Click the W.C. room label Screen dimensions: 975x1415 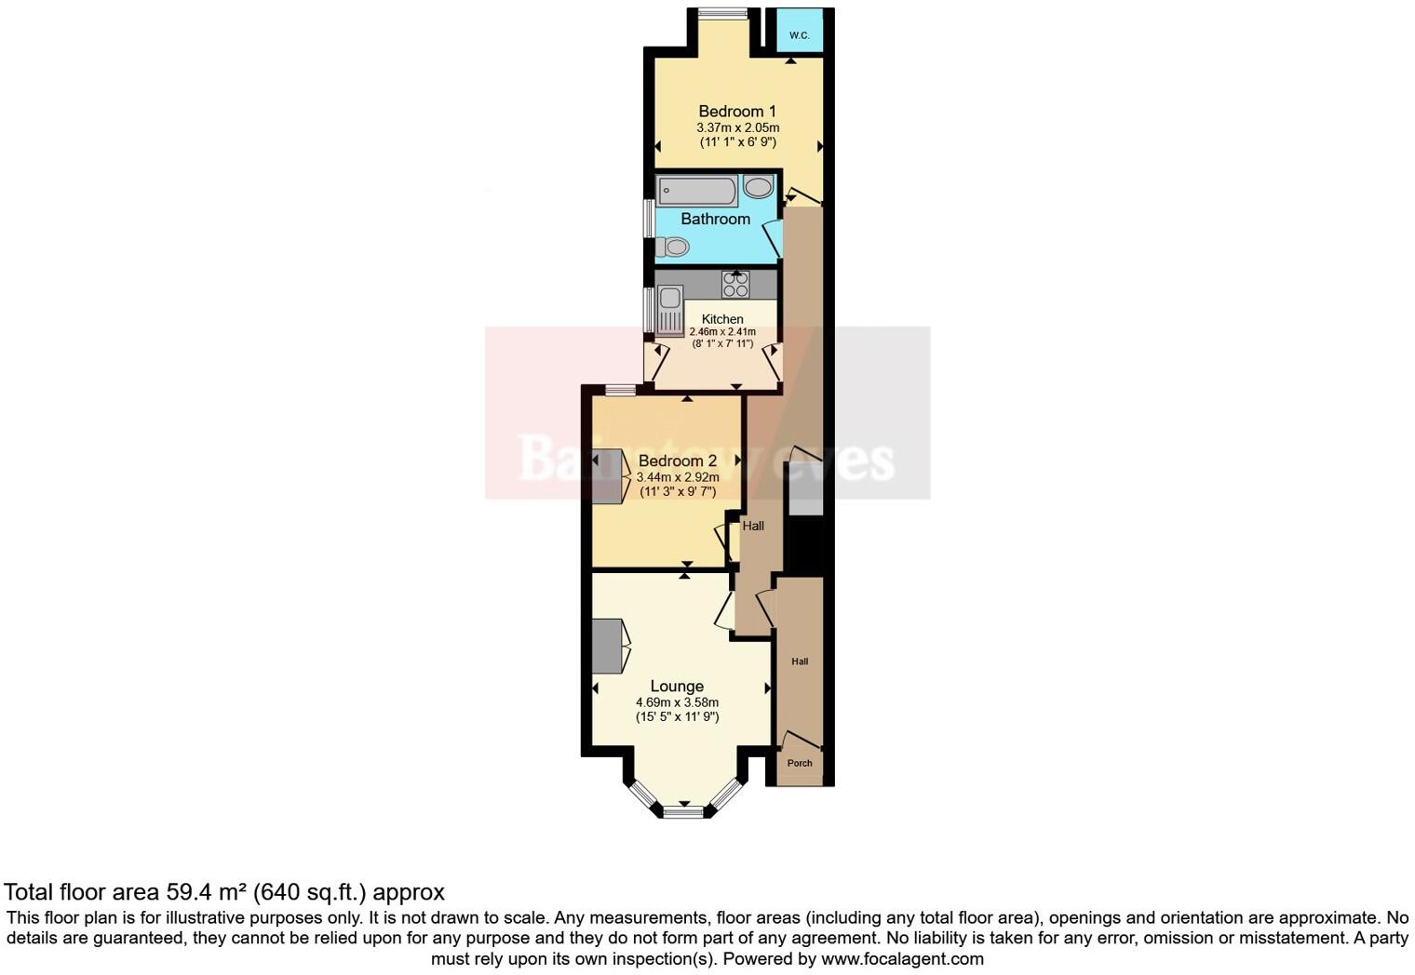click(799, 35)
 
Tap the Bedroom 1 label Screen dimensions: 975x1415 click(737, 112)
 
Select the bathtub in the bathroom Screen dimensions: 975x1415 click(697, 191)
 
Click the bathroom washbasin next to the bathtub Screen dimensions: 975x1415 click(758, 188)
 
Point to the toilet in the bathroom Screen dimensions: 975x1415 click(672, 247)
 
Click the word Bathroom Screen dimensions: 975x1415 click(715, 219)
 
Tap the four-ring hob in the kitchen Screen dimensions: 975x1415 click(735, 284)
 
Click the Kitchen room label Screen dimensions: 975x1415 click(722, 319)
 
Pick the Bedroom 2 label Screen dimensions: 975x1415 click(678, 461)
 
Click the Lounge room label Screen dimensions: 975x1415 click(677, 687)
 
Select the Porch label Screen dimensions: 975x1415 click(800, 763)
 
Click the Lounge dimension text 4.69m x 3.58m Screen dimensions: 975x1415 click(677, 702)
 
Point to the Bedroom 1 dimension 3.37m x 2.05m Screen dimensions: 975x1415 click(737, 127)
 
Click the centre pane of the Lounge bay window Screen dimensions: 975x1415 click(683, 812)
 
